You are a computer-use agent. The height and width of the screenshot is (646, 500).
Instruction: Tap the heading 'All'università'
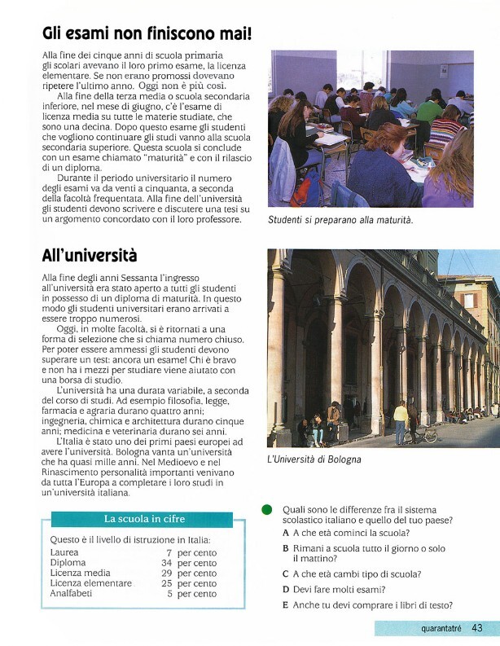(x=90, y=256)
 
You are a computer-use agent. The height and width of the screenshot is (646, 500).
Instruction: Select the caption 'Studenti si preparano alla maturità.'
(x=340, y=220)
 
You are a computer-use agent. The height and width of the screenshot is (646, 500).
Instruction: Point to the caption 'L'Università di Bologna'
(x=314, y=459)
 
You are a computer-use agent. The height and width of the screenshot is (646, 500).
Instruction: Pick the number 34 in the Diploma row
(x=166, y=563)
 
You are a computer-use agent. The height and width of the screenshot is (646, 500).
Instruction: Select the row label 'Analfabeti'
(x=71, y=594)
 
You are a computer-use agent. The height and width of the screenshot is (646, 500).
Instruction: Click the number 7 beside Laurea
(x=169, y=552)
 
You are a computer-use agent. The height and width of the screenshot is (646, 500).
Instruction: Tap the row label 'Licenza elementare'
(x=90, y=583)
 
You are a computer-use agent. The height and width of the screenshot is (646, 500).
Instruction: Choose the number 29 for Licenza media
(x=166, y=573)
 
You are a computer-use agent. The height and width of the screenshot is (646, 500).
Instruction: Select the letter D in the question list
(x=286, y=589)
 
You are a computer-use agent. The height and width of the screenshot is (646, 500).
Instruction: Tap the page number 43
(x=477, y=628)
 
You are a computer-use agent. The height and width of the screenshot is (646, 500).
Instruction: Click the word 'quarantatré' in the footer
(x=441, y=629)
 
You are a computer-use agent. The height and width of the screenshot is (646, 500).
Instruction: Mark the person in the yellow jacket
(x=401, y=420)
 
